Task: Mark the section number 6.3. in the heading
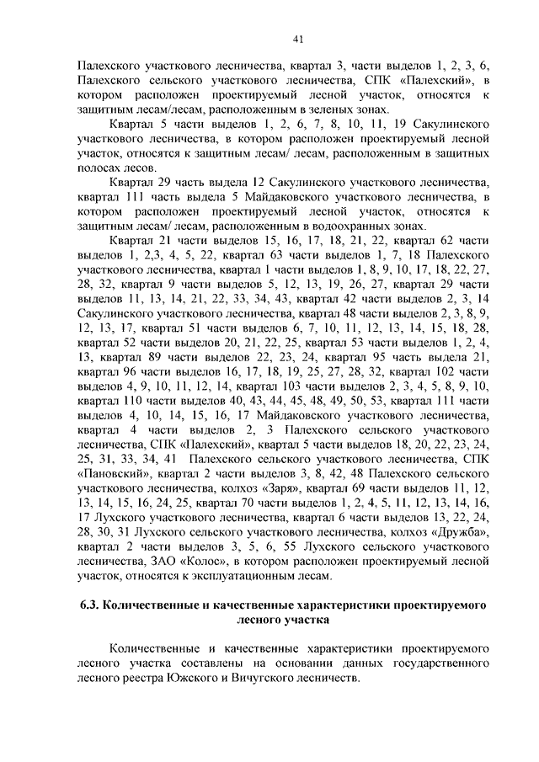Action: coord(92,605)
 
